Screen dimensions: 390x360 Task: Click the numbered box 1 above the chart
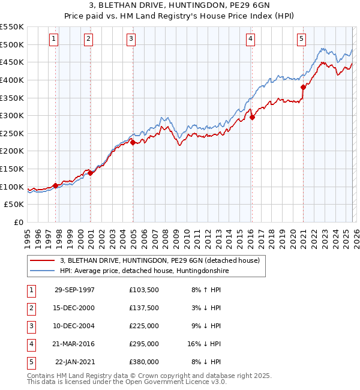click(x=54, y=40)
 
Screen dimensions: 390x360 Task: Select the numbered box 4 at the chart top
click(x=250, y=40)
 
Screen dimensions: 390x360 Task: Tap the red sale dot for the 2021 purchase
click(x=303, y=87)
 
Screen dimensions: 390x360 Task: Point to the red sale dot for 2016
click(x=252, y=118)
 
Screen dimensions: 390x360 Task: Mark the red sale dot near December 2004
click(x=133, y=142)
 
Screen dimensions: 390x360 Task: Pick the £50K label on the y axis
click(x=14, y=205)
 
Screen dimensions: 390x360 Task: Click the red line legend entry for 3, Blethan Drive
click(x=159, y=260)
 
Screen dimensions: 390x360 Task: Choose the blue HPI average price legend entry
click(x=144, y=271)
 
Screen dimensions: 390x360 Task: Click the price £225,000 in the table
click(x=143, y=326)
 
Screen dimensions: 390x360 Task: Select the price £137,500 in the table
click(x=143, y=308)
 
